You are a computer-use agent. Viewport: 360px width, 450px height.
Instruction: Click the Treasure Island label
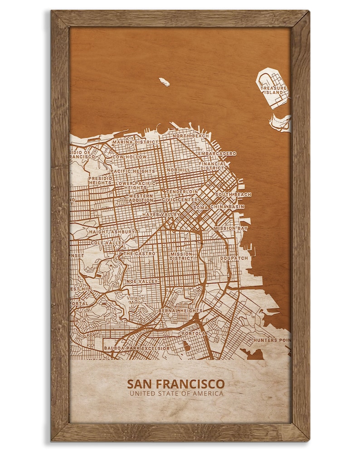point(274,90)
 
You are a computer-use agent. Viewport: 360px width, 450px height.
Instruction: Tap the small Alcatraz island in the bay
point(164,82)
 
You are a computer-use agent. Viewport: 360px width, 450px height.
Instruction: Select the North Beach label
point(190,136)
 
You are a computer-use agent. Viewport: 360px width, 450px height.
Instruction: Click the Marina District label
point(135,142)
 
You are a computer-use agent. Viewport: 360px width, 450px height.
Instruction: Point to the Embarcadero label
point(217,154)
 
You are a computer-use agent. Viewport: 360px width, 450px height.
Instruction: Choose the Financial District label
point(212,166)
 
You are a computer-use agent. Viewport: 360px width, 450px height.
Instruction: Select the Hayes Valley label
point(161,214)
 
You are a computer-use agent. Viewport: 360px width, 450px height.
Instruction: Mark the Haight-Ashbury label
point(112,232)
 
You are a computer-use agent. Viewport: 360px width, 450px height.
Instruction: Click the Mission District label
point(181,256)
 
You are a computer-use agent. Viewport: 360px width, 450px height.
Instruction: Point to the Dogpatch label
point(234,258)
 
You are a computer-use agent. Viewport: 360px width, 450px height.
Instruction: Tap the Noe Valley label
point(141,281)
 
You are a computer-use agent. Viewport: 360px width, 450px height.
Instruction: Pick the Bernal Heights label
point(180,311)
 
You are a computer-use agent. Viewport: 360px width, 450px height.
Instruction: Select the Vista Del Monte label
point(135,300)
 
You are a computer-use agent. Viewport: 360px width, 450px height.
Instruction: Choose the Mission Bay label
point(230,228)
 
